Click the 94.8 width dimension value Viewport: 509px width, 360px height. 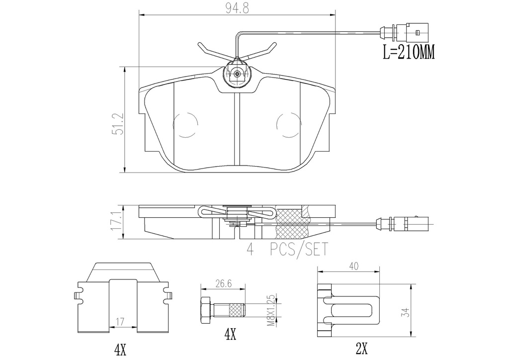tap(237, 9)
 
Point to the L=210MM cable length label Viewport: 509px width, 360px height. tap(409, 52)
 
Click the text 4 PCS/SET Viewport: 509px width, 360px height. tap(287, 250)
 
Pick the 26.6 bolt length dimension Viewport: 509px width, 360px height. tap(223, 283)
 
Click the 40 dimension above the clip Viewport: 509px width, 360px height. tap(354, 266)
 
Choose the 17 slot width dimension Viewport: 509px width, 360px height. tap(120, 322)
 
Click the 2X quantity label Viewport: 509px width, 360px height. tap(362, 349)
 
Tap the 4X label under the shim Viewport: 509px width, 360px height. tap(120, 350)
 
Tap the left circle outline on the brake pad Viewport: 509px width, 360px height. tap(186, 124)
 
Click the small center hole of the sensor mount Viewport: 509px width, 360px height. tap(237, 74)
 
